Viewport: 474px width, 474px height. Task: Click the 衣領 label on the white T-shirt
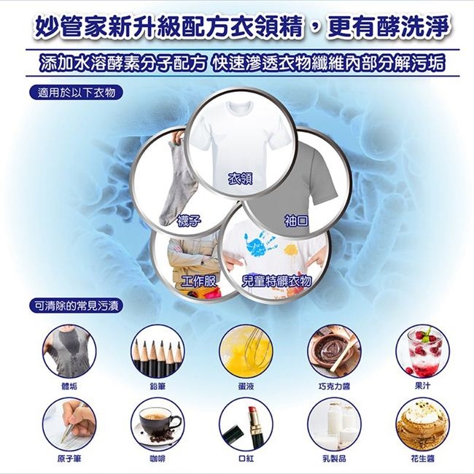click(x=240, y=179)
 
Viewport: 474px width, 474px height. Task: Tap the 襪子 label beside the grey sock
click(x=189, y=221)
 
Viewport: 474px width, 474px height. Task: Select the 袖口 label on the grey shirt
click(x=297, y=220)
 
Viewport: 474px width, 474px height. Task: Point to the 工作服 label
click(x=199, y=281)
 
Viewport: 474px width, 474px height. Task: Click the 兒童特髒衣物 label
click(x=276, y=281)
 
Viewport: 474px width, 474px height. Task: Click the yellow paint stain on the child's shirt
click(x=291, y=250)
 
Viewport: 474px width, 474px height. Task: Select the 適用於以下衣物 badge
click(x=76, y=93)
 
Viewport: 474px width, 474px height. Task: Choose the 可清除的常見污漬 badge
click(x=76, y=306)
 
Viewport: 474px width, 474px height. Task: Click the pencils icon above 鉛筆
click(x=158, y=351)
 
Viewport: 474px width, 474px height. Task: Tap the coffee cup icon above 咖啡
click(x=158, y=424)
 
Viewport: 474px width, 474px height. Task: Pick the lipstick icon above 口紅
click(x=246, y=424)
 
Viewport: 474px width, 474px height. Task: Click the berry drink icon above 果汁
click(x=423, y=351)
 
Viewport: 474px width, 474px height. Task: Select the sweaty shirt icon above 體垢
click(x=69, y=351)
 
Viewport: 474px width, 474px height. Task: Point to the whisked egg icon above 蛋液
click(x=246, y=351)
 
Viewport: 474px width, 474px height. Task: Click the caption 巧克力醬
click(x=334, y=386)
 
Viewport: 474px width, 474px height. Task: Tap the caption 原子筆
click(x=69, y=459)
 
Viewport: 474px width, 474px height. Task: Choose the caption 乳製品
click(x=334, y=459)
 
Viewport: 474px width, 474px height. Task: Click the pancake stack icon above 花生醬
click(x=423, y=424)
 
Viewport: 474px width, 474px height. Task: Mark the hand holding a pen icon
click(x=69, y=424)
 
